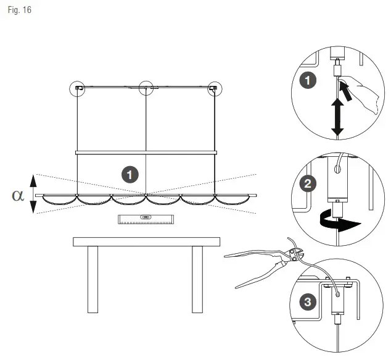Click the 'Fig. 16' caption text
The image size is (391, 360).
coord(19,11)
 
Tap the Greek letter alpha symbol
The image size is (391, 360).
coord(18,195)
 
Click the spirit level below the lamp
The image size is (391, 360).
coord(146,218)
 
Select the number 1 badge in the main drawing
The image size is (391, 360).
coord(129,175)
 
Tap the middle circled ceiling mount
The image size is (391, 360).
coord(146,88)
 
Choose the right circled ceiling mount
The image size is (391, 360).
coord(214,88)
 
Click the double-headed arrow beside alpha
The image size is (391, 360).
coord(35,193)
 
